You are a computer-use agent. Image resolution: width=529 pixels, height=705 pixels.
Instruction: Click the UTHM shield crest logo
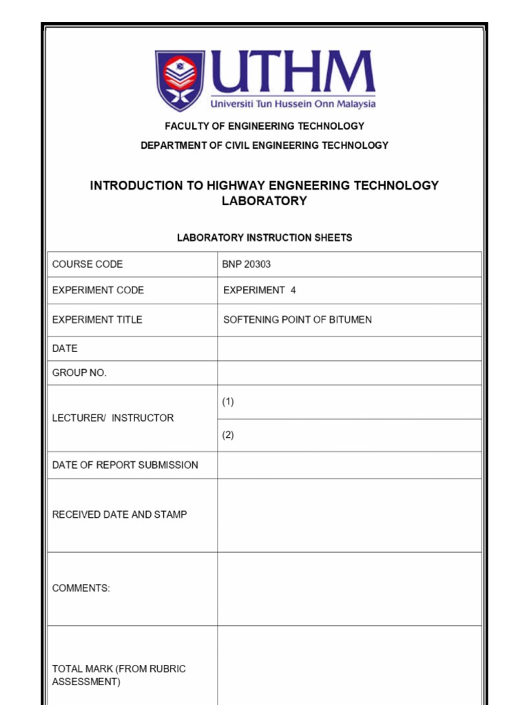point(180,80)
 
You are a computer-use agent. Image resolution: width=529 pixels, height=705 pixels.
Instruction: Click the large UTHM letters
point(292,73)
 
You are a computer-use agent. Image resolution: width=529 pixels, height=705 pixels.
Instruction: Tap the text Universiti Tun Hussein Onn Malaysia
point(293,104)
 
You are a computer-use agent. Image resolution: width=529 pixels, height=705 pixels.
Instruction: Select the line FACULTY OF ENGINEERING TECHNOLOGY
point(264,126)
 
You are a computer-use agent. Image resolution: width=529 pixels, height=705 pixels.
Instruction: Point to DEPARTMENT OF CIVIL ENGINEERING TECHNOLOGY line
point(264,145)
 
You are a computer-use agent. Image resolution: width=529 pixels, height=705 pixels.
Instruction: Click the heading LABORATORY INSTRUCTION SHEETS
point(264,238)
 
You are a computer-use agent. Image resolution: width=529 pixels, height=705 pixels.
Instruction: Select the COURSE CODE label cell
point(87,264)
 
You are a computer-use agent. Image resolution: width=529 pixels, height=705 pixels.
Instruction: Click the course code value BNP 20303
point(241,264)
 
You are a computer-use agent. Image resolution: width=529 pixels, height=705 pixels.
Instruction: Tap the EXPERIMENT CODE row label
point(98,291)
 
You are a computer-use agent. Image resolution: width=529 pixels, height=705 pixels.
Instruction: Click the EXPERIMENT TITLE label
point(97,319)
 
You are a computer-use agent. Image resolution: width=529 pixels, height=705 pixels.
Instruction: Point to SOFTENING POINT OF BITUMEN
point(298,319)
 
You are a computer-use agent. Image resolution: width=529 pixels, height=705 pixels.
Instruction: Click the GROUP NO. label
point(79,372)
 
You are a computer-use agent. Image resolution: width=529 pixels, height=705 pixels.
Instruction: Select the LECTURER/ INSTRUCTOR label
point(113,418)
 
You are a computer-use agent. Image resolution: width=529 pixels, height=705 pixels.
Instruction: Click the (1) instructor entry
point(228,402)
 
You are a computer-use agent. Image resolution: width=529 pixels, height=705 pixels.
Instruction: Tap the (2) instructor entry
point(228,435)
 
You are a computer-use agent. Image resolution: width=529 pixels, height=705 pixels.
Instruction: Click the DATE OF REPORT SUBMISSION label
point(125,465)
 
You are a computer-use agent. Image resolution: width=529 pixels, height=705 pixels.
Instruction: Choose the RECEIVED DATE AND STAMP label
point(119,514)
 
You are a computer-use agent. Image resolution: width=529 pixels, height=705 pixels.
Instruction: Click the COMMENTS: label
point(81,588)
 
